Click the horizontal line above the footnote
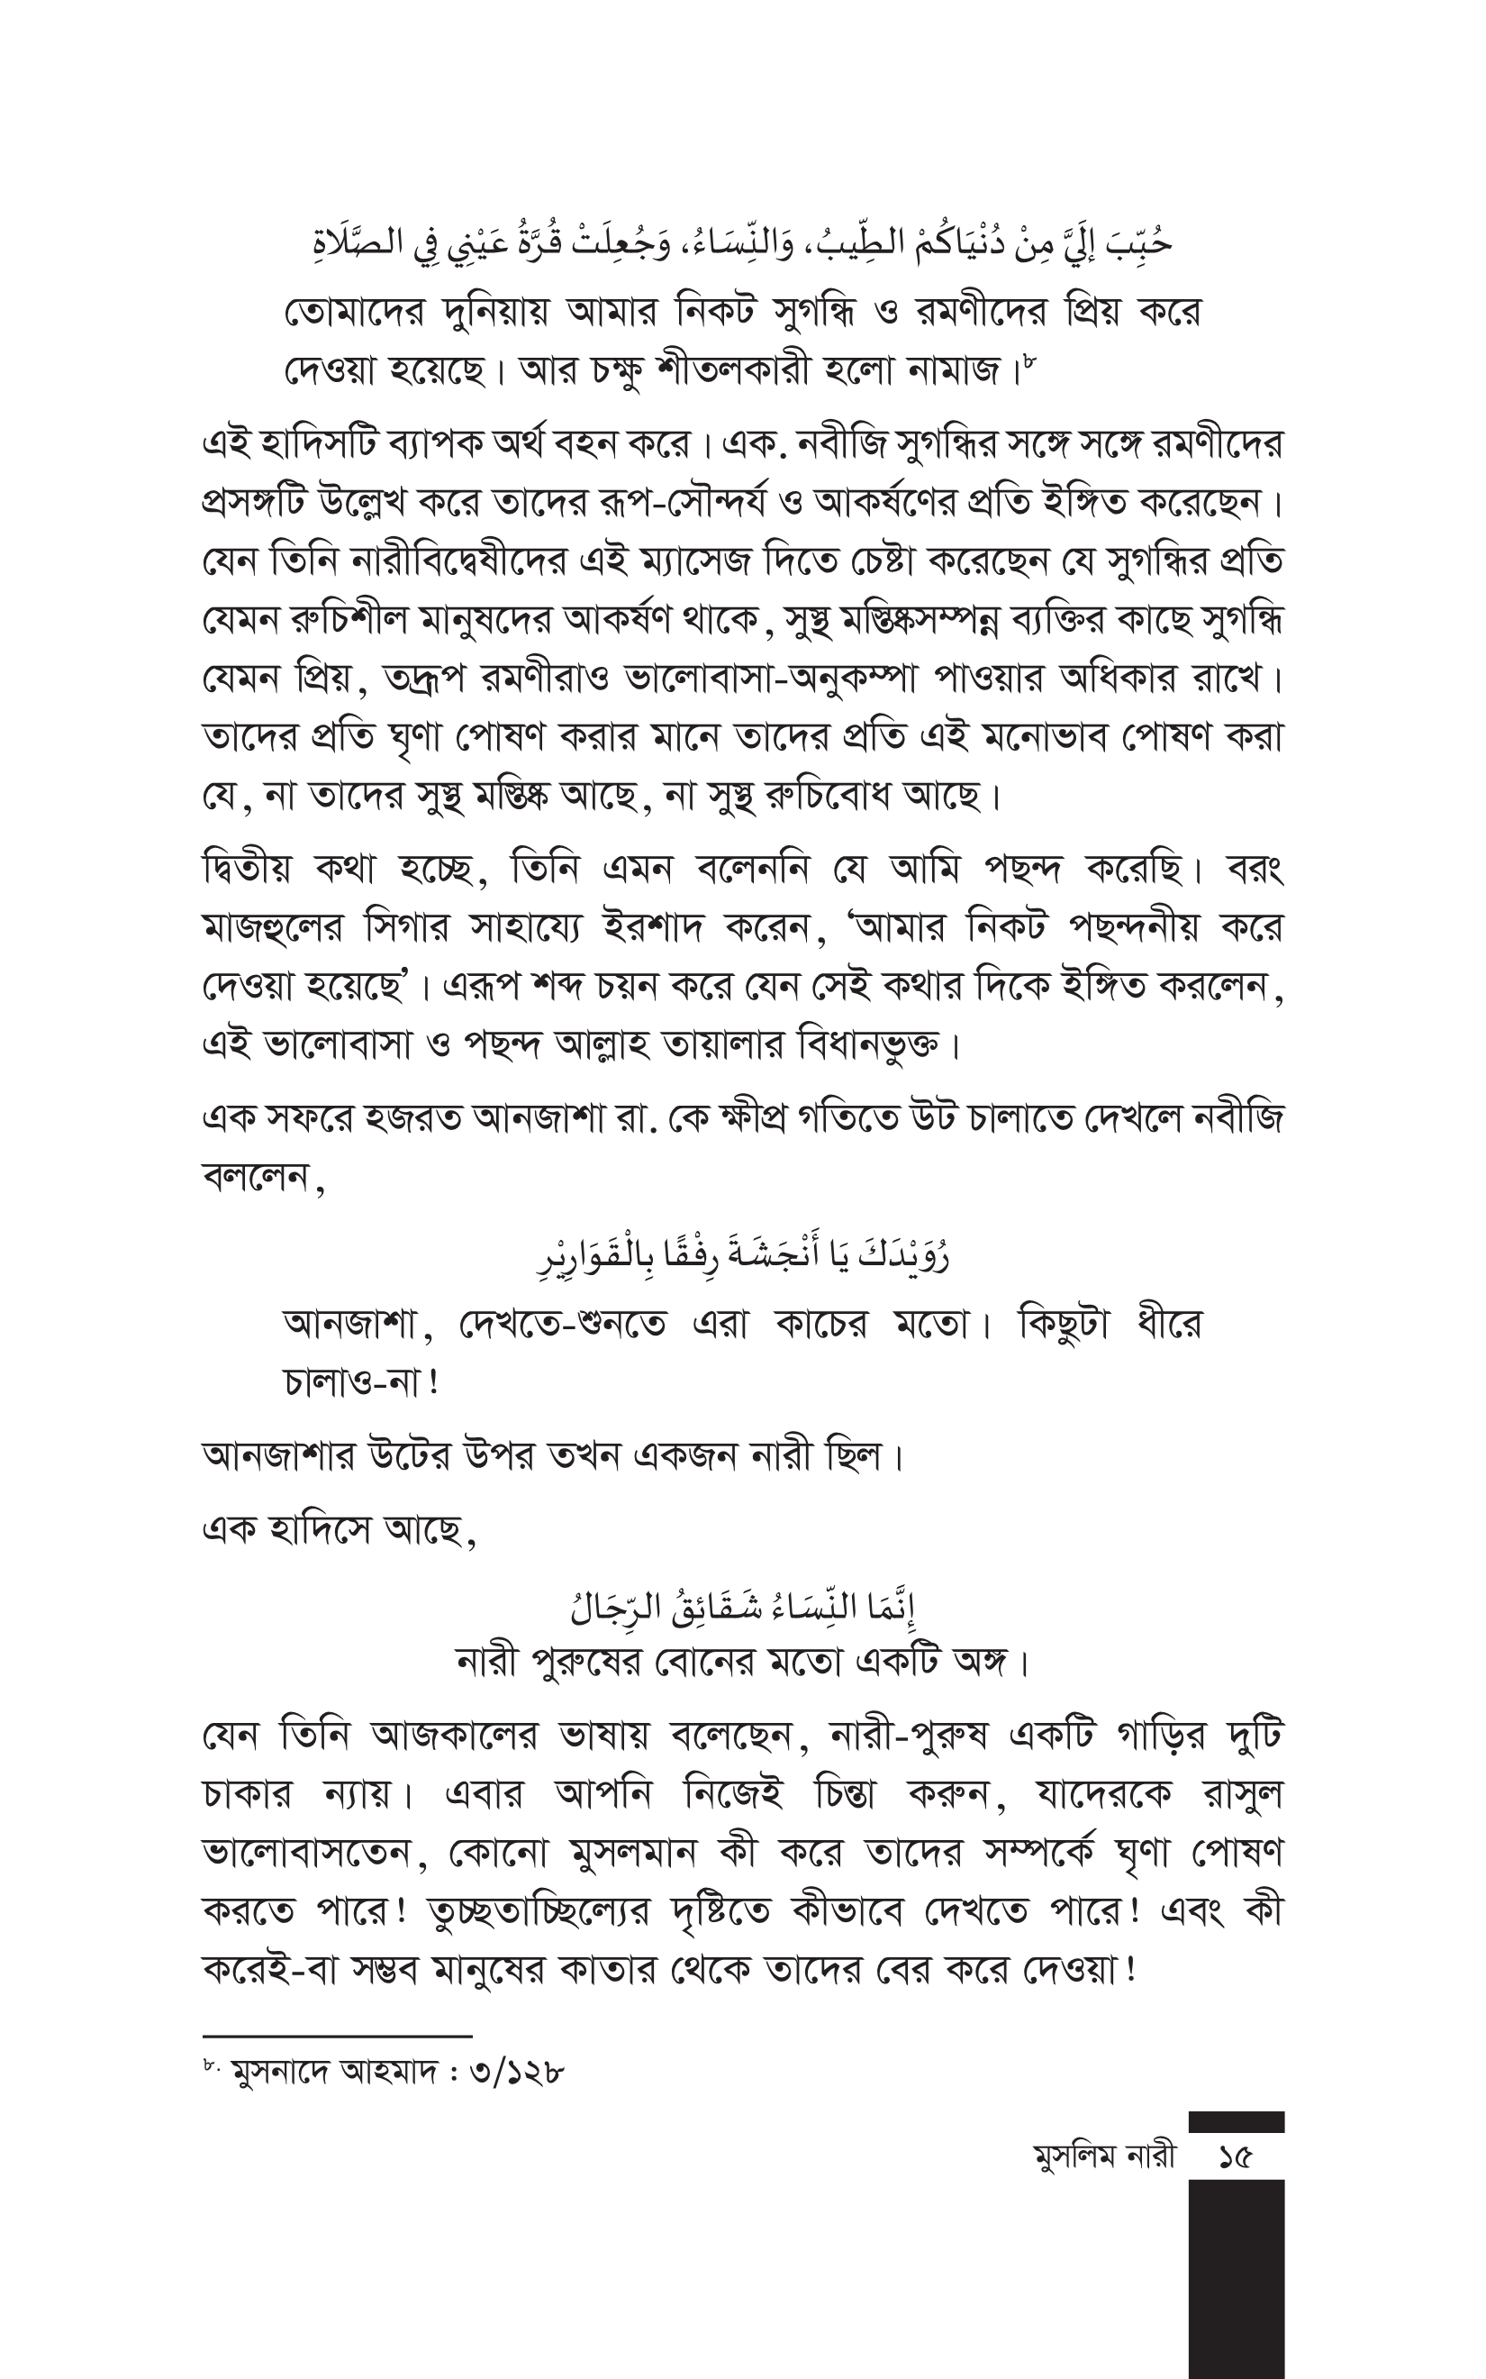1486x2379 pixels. tap(337, 2036)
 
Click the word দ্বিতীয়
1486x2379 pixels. tap(248, 870)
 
